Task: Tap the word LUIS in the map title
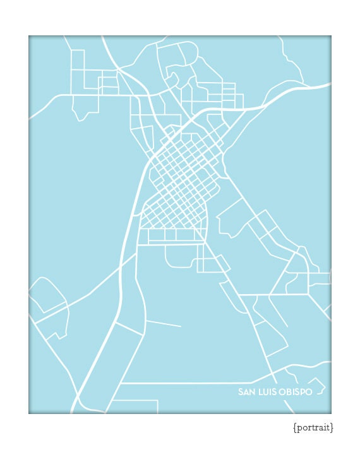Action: [266, 392]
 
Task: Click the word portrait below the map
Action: [313, 428]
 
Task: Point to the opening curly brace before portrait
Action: [295, 428]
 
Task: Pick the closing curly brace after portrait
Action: [332, 428]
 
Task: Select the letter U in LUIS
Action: [264, 392]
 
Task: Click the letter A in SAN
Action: [246, 392]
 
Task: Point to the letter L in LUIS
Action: [259, 392]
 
